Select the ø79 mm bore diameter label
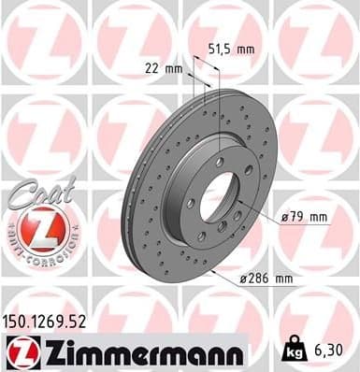(305, 218)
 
